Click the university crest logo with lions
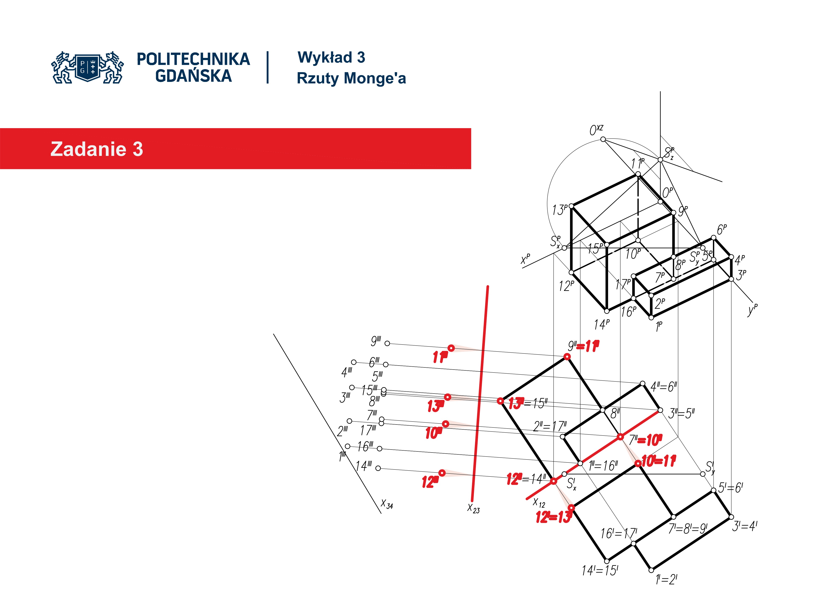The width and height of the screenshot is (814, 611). pos(88,67)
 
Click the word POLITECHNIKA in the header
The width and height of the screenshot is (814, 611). pos(193,59)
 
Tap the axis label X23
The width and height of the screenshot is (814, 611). pos(473,508)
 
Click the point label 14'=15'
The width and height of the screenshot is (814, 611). pos(600,570)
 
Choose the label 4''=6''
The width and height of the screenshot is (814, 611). pos(663,387)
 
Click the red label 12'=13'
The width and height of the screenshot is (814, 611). pos(553,517)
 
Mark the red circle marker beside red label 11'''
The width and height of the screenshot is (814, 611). pos(451,348)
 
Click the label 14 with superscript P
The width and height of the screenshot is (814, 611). pos(601,324)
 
